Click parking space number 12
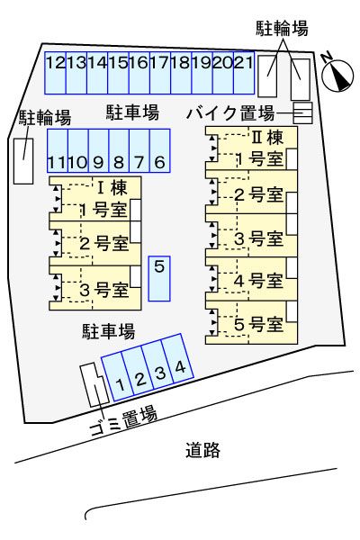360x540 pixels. coord(55,69)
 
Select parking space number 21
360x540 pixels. coord(243,69)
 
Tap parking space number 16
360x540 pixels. coord(139,69)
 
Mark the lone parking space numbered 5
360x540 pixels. coord(159,275)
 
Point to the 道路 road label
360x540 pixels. coord(203,450)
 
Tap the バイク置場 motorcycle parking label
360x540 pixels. coord(231,113)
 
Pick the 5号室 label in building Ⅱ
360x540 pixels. coord(259,324)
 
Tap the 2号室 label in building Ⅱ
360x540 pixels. coord(259,193)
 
